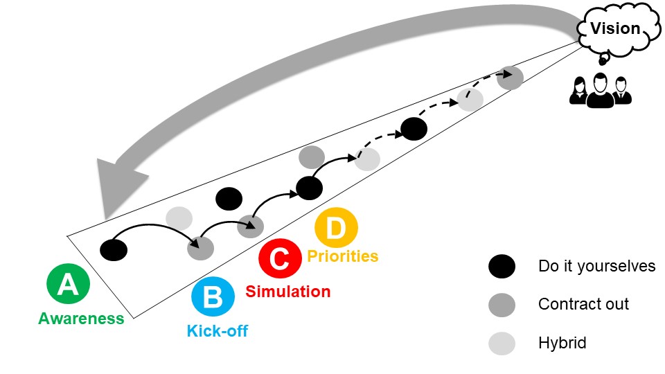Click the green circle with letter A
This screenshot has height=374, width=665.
click(x=68, y=285)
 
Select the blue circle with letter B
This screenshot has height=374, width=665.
click(x=212, y=297)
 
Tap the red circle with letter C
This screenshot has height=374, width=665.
click(x=279, y=258)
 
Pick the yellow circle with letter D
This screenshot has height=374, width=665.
click(x=336, y=229)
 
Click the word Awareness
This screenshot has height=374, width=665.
click(x=81, y=319)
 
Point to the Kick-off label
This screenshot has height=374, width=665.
click(x=218, y=330)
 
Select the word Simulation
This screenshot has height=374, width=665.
click(x=288, y=291)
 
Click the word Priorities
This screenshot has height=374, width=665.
click(x=343, y=256)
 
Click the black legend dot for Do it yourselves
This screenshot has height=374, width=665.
click(x=502, y=266)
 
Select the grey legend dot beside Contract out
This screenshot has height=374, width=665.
click(x=502, y=304)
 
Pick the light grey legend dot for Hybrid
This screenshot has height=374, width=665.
click(x=502, y=343)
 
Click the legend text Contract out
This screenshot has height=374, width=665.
click(x=583, y=304)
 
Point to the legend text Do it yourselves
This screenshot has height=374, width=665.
click(x=596, y=266)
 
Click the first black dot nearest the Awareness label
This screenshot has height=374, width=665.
click(x=114, y=249)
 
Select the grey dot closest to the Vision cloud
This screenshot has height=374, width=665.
click(x=510, y=78)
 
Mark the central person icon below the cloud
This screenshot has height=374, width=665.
click(x=601, y=90)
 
